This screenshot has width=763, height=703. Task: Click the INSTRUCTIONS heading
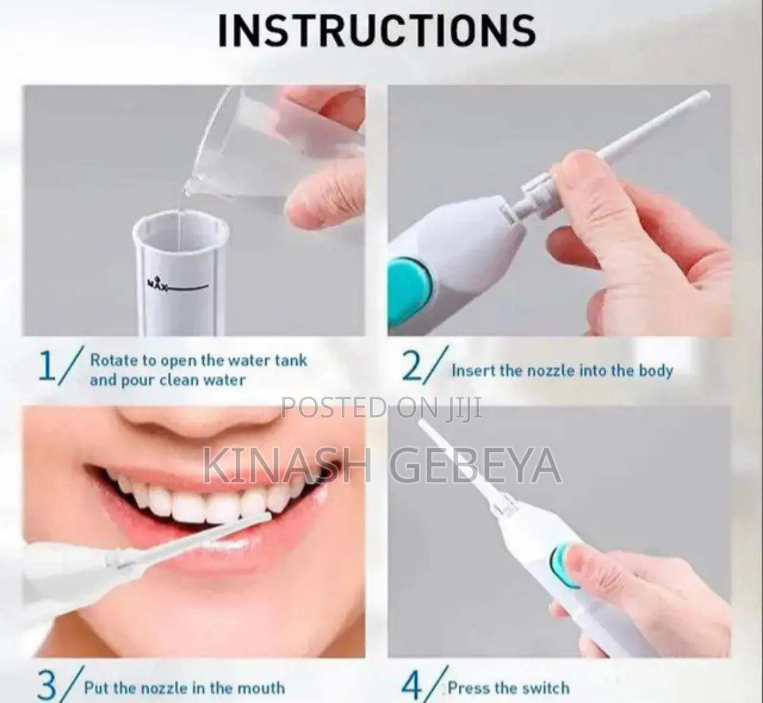(377, 30)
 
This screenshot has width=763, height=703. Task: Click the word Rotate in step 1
(115, 360)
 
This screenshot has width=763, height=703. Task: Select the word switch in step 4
(546, 688)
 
